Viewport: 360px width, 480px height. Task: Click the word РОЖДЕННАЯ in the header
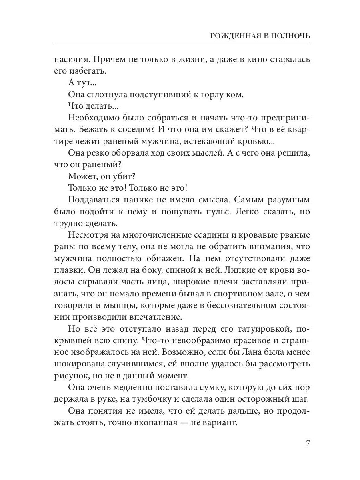click(232, 36)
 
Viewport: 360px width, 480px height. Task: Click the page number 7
click(308, 444)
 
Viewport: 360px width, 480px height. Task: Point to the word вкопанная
click(158, 423)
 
